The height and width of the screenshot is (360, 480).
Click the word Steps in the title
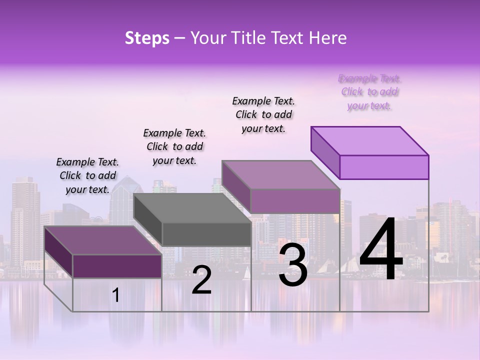(x=147, y=38)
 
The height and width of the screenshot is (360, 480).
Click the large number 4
(x=381, y=250)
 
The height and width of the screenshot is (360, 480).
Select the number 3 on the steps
(x=293, y=264)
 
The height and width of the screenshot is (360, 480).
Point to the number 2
(x=201, y=280)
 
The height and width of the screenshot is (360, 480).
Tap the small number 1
(x=116, y=295)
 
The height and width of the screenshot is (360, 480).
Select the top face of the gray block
(x=192, y=208)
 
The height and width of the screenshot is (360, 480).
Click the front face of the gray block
(x=206, y=234)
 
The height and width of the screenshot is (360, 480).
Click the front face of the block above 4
(x=384, y=167)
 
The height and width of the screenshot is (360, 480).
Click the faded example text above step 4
(x=369, y=92)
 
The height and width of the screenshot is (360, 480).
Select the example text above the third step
(x=263, y=114)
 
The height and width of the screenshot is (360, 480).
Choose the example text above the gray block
(x=174, y=146)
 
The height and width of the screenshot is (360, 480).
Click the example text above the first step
(x=87, y=175)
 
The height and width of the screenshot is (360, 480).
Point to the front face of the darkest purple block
(x=117, y=266)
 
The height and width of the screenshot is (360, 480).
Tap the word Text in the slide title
(x=289, y=38)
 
